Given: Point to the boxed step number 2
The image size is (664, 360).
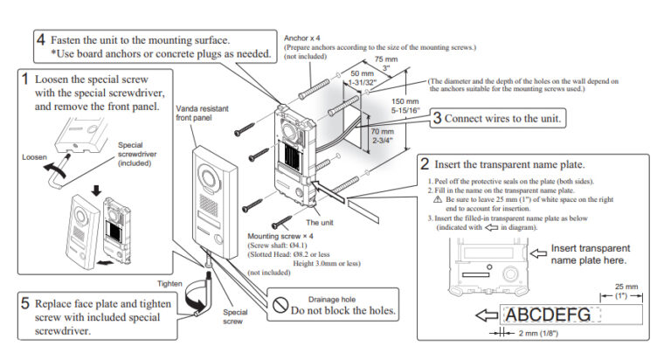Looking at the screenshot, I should [x=425, y=163].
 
